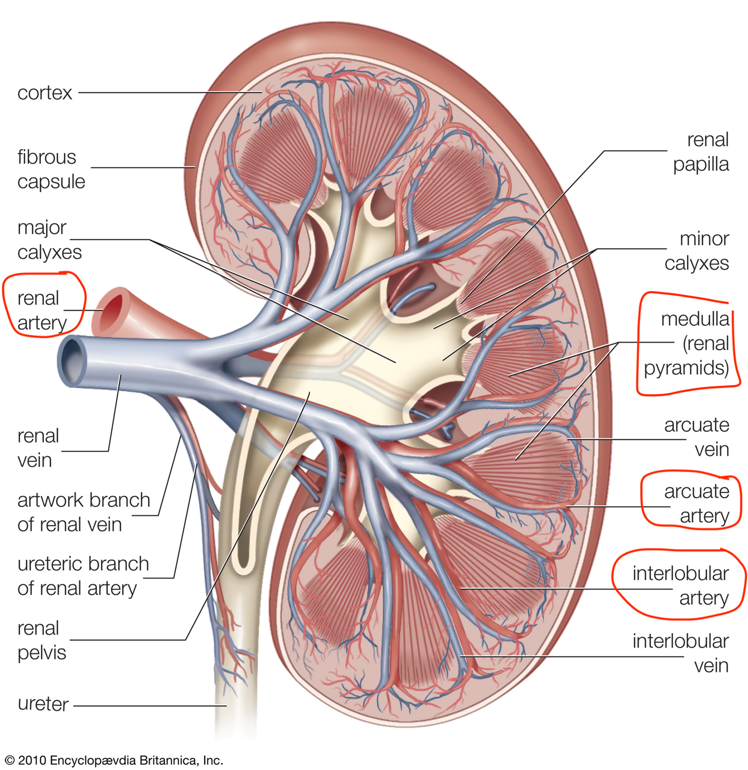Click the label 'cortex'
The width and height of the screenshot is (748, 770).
coord(45,93)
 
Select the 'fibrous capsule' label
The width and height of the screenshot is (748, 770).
coord(51,169)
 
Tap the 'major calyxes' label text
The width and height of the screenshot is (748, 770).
coord(49,240)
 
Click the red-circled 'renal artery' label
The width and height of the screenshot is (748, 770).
coord(41,310)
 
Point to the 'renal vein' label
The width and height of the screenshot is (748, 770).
coord(38,448)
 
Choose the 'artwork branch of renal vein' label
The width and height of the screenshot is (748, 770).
coord(84,512)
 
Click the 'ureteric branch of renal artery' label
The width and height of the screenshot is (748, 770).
coord(83,576)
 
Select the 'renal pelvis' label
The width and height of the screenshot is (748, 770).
coord(41,640)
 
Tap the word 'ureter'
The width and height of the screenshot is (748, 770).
coord(43,704)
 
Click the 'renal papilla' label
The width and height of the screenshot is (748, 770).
coord(701,152)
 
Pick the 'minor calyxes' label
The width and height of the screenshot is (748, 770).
coord(696,251)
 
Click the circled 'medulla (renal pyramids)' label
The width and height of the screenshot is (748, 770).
coord(687,343)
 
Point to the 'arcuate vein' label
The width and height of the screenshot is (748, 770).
coord(696,437)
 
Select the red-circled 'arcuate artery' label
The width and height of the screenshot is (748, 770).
coord(696,504)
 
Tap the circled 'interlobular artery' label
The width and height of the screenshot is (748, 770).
coord(680,585)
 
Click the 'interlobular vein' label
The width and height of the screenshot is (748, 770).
coord(680,653)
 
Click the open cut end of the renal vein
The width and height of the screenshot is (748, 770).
coord(72,361)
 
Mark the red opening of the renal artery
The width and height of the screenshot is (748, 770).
coord(113,310)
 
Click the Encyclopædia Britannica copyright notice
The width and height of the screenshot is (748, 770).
coord(114,760)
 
